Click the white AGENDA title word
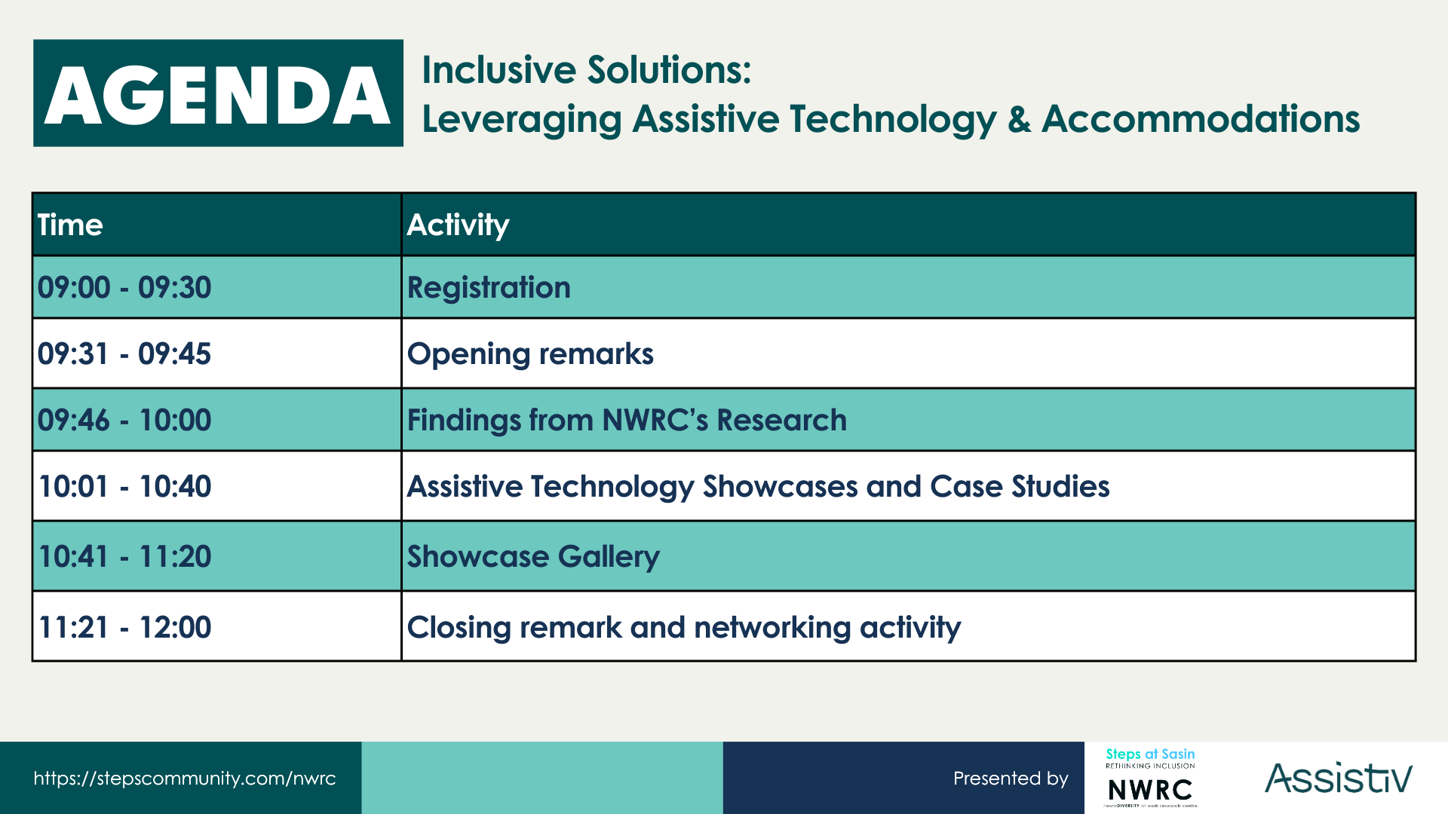coord(218,96)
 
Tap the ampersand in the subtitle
coord(1019,119)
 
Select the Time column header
coord(70,225)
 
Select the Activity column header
coord(458,225)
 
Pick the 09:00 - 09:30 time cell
coord(124,287)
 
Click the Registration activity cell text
coord(489,288)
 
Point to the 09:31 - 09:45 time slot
coord(124,353)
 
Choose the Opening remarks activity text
coord(530,354)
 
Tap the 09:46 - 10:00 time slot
coord(124,420)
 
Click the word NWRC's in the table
coord(655,420)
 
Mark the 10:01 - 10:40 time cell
coord(124,486)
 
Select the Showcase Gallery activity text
coord(533,557)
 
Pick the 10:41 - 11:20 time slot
coord(124,556)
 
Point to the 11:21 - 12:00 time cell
coord(124,627)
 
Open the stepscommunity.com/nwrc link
coord(185,779)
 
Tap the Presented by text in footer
coord(1011,779)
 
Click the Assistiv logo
coord(1339,778)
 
